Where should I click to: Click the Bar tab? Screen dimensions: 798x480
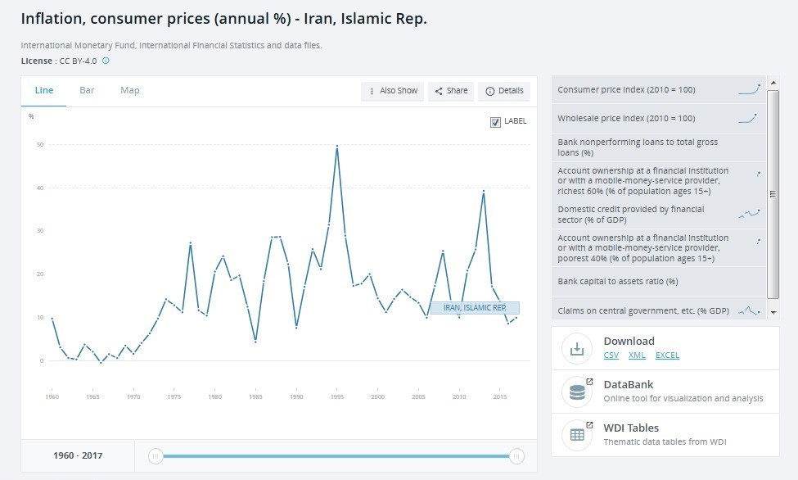click(x=87, y=90)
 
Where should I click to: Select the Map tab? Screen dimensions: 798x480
click(x=130, y=90)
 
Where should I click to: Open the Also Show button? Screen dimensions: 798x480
click(x=392, y=91)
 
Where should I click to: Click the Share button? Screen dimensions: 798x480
click(x=451, y=91)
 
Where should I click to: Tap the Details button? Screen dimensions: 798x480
click(x=504, y=91)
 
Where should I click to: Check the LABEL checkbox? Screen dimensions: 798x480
click(x=495, y=122)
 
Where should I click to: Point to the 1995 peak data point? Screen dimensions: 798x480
click(x=337, y=147)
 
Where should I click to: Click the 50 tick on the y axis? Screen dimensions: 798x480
click(x=40, y=145)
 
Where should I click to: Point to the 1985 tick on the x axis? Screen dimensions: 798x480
click(x=255, y=396)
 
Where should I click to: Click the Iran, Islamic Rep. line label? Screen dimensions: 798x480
click(x=475, y=308)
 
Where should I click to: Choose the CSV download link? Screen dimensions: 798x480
click(x=611, y=355)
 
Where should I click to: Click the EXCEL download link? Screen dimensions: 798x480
click(x=667, y=355)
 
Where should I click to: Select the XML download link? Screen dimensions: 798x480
click(x=637, y=355)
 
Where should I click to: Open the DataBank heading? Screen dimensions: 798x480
click(x=628, y=385)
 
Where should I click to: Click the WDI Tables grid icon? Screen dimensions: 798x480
click(x=577, y=435)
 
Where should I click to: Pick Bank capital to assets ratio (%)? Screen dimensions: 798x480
click(x=618, y=281)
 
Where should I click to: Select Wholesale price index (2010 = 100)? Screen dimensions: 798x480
click(x=626, y=118)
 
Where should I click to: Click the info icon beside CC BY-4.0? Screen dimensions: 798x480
click(x=106, y=61)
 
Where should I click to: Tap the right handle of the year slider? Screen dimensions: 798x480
click(x=516, y=456)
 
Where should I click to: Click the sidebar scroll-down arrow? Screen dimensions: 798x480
click(x=773, y=312)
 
